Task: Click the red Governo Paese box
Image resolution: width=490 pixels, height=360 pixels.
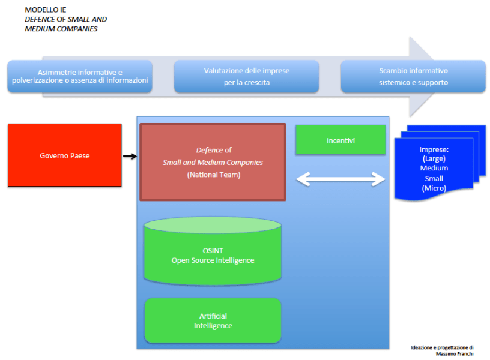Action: tap(64, 155)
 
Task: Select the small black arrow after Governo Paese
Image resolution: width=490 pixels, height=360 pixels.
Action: tap(130, 157)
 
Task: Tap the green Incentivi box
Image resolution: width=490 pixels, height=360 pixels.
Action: tap(340, 140)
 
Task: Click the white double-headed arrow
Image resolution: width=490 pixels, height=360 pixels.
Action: tap(341, 178)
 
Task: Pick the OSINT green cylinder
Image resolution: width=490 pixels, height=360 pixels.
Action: tap(213, 252)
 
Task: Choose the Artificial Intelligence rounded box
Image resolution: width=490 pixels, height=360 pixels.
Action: tap(213, 321)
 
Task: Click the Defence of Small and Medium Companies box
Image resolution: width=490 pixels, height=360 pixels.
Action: tap(213, 162)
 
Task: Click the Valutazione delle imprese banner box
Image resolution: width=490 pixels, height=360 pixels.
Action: tap(246, 76)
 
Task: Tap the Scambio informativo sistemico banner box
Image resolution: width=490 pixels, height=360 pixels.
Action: tap(413, 76)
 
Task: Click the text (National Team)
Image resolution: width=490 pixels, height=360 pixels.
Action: tap(213, 175)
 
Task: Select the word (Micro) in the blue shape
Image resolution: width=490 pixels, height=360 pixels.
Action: tap(434, 188)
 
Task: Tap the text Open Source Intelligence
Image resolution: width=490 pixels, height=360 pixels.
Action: tap(213, 260)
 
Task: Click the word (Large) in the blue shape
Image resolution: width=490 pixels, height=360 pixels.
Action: tap(434, 159)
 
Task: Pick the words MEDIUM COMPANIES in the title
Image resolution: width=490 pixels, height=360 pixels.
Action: tap(61, 28)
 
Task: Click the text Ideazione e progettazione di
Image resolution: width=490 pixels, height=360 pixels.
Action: tap(442, 347)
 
